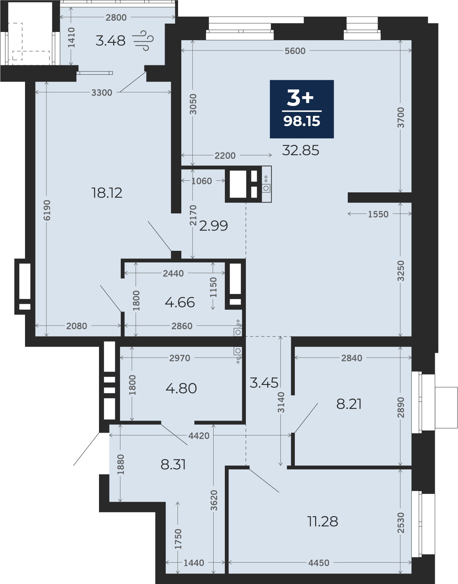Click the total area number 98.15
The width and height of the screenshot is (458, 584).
tap(302, 122)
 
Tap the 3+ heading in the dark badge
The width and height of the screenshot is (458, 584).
tap(300, 98)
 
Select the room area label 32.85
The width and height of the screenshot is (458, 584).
tap(300, 150)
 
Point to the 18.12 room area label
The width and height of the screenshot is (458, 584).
tap(107, 193)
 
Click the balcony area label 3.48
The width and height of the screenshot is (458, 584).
tap(110, 41)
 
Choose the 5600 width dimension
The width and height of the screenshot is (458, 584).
tap(295, 50)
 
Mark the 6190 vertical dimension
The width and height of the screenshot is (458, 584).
tap(47, 210)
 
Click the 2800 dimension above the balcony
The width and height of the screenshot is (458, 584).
tap(116, 17)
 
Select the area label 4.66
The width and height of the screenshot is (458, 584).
tap(180, 302)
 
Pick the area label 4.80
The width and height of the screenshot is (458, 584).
tap(181, 388)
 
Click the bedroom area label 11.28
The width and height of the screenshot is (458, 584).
tap(323, 521)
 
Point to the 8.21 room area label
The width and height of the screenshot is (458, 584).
tap(349, 404)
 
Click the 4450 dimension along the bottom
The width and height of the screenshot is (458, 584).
tap(319, 563)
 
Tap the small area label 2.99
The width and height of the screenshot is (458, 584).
tap(214, 226)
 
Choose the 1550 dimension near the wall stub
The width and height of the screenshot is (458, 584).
tap(378, 214)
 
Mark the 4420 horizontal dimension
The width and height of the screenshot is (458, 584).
tap(199, 436)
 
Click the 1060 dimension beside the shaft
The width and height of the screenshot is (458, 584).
tap(202, 181)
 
